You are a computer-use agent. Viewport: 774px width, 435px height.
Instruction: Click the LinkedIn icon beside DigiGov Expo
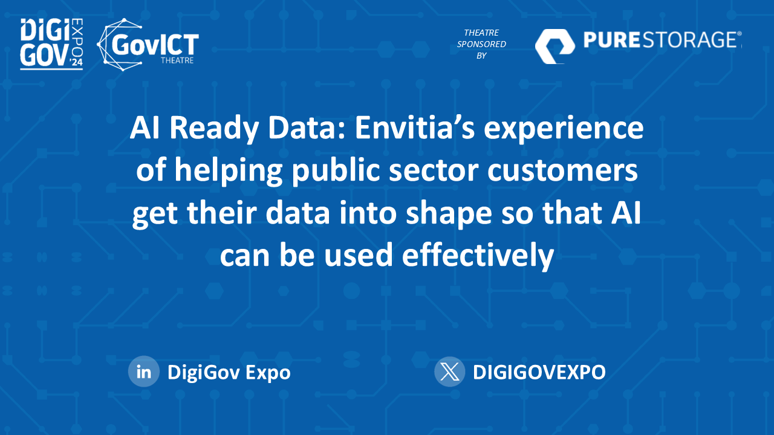[x=144, y=372]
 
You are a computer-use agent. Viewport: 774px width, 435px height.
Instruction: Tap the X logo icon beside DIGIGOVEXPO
[x=449, y=372]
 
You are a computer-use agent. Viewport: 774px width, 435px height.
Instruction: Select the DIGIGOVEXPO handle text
[x=539, y=372]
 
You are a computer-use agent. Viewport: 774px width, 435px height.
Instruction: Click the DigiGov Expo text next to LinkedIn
[x=229, y=372]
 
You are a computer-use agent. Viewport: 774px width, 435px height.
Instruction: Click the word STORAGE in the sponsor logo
[x=692, y=40]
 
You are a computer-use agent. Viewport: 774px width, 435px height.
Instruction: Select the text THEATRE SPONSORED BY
[x=481, y=44]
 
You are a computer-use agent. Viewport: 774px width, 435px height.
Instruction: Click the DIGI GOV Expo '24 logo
[x=51, y=43]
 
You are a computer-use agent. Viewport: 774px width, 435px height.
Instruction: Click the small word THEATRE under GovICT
[x=177, y=60]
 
